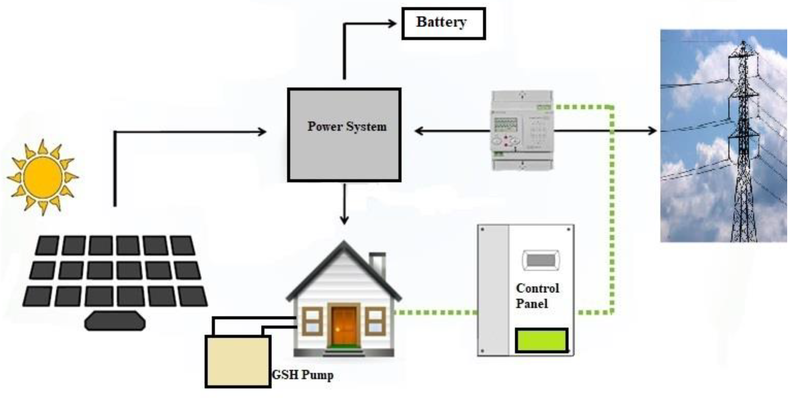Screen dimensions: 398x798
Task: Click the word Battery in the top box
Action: (441, 22)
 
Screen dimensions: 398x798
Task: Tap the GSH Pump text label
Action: (303, 375)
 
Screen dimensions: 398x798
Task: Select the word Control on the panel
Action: (537, 288)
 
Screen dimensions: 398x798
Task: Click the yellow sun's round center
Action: (43, 177)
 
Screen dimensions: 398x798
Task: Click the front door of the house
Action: (344, 325)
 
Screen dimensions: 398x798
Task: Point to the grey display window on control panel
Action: (541, 260)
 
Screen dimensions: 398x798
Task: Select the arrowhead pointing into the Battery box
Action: (393, 23)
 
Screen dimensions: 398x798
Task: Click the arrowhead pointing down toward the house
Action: (344, 220)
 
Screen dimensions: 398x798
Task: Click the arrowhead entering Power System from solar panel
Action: (263, 132)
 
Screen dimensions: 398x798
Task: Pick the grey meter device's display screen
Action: (505, 125)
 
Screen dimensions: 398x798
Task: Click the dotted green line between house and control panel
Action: (435, 313)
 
